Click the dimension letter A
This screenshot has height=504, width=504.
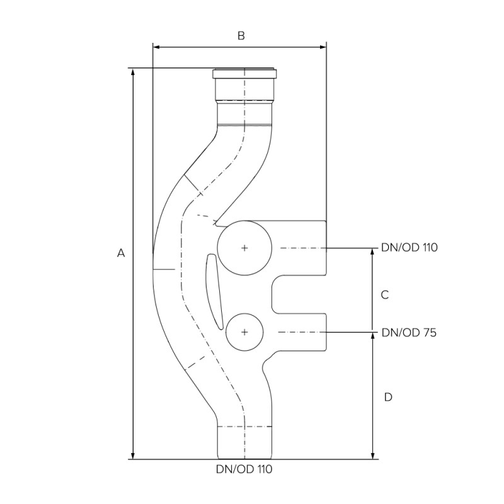tap(122, 253)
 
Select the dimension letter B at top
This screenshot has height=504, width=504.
tap(241, 36)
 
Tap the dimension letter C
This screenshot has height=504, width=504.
tap(386, 294)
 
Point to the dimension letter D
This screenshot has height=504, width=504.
tap(388, 397)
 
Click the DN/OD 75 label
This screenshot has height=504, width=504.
tap(409, 332)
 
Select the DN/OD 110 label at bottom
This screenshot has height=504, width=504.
tap(244, 469)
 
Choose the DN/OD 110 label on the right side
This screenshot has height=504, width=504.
tap(409, 248)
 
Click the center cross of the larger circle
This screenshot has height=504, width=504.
tap(244, 248)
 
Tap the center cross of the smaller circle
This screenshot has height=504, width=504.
tap(244, 332)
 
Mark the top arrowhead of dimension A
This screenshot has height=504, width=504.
tap(133, 71)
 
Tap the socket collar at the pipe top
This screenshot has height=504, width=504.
tap(244, 74)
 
